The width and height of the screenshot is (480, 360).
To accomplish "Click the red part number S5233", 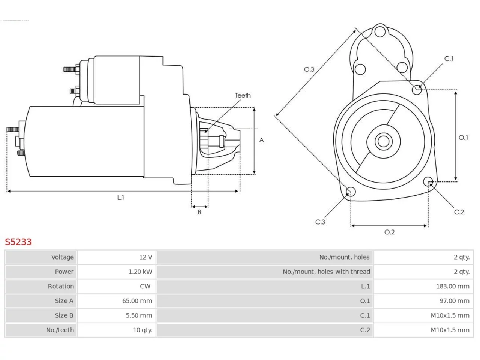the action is [18, 242].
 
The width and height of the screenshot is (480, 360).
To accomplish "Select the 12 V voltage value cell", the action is [145, 257].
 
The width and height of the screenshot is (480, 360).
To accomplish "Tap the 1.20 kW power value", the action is [140, 272].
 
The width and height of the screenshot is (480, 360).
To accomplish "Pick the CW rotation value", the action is [145, 286].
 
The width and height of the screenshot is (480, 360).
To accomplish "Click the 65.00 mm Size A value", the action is [137, 301].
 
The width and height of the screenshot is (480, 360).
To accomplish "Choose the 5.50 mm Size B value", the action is [139, 315].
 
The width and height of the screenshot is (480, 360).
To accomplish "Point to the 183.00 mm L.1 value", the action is [453, 286].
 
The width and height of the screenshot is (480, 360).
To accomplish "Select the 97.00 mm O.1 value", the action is [454, 301].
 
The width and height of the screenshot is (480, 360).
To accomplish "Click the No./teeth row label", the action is [60, 330].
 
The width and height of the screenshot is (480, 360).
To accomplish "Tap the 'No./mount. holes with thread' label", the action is [326, 272].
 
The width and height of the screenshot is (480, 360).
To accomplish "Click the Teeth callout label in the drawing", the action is [243, 95].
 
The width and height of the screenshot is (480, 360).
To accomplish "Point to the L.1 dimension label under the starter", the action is [120, 198].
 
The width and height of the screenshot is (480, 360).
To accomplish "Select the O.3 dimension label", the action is [309, 69].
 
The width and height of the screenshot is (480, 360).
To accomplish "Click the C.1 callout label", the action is [449, 58].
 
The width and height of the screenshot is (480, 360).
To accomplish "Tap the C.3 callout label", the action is [320, 222].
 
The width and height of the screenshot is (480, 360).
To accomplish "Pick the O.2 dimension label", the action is [390, 232].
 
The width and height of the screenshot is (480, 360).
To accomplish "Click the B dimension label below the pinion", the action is [199, 212].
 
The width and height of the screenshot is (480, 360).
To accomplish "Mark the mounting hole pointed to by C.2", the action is [428, 181].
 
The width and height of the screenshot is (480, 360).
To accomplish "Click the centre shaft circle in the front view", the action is [383, 141].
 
